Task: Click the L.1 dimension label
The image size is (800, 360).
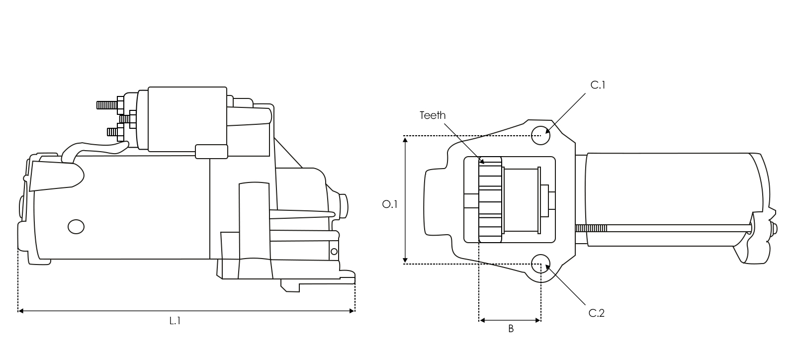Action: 175,321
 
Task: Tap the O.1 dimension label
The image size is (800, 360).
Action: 390,204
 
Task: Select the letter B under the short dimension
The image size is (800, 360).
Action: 511,329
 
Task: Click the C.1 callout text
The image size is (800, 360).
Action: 598,85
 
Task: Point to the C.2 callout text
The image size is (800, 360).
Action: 597,313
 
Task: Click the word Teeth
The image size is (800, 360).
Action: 433,115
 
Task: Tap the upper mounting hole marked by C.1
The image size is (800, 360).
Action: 540,135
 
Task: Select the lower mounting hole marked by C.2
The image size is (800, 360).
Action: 540,264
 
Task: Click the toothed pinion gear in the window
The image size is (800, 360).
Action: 490,200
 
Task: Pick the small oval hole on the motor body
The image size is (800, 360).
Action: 76,227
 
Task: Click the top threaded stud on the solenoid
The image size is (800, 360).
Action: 106,105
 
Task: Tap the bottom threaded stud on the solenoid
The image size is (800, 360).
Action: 115,132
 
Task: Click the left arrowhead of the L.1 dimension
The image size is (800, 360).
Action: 20,311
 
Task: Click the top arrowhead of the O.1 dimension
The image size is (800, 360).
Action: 406,140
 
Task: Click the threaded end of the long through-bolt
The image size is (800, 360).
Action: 592,228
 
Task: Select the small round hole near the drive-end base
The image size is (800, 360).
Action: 334,252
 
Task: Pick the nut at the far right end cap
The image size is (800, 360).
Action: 775,229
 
